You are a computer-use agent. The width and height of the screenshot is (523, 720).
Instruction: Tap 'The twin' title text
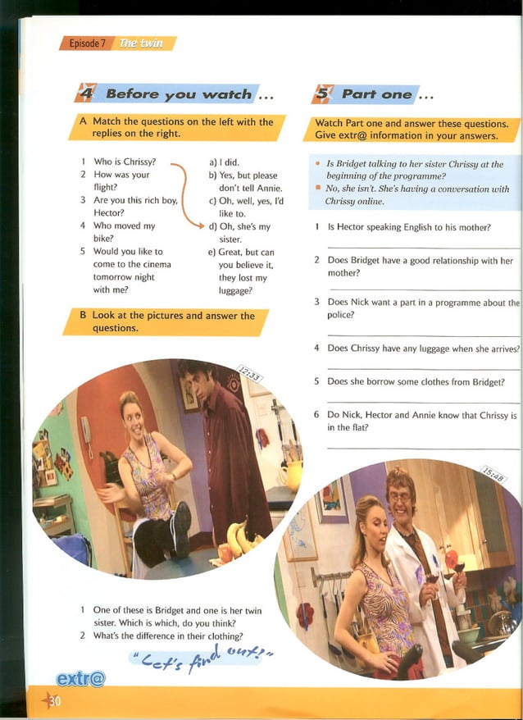[142, 43]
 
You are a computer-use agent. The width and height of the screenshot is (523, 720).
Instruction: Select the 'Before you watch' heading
[179, 94]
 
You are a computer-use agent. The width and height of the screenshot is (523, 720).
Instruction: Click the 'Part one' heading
[376, 94]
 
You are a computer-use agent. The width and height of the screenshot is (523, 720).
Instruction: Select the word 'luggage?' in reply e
[235, 290]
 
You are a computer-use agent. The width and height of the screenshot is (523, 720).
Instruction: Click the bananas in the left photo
[243, 539]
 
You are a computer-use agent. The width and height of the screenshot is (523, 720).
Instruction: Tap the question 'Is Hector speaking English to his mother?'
[409, 227]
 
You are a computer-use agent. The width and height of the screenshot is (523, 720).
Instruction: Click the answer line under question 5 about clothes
[422, 403]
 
